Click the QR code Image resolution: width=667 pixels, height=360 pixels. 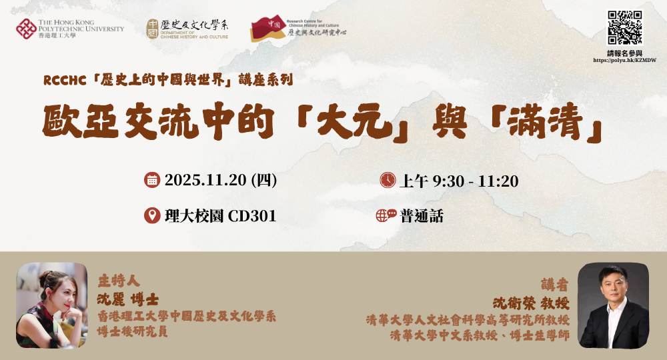[624, 27]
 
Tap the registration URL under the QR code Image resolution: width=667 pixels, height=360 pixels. [624, 61]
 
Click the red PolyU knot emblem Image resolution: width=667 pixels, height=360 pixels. [26, 29]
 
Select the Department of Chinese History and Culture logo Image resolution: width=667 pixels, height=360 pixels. [187, 29]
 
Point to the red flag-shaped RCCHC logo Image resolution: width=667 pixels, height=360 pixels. [268, 29]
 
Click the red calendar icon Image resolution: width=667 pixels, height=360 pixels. [152, 180]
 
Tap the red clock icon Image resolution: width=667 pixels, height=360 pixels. [388, 180]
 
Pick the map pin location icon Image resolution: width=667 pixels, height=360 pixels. [152, 215]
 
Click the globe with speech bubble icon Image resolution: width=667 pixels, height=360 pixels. [386, 215]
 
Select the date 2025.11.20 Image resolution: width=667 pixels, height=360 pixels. [205, 180]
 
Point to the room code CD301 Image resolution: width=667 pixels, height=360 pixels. [252, 217]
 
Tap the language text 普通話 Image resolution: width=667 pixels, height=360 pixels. [422, 217]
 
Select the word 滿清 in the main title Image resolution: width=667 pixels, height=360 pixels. [545, 121]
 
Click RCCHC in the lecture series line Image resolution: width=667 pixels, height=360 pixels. [65, 80]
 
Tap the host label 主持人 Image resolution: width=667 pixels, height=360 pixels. [119, 281]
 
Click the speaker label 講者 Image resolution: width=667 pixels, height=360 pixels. [555, 285]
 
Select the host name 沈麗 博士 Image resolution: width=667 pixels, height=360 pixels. [128, 299]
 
